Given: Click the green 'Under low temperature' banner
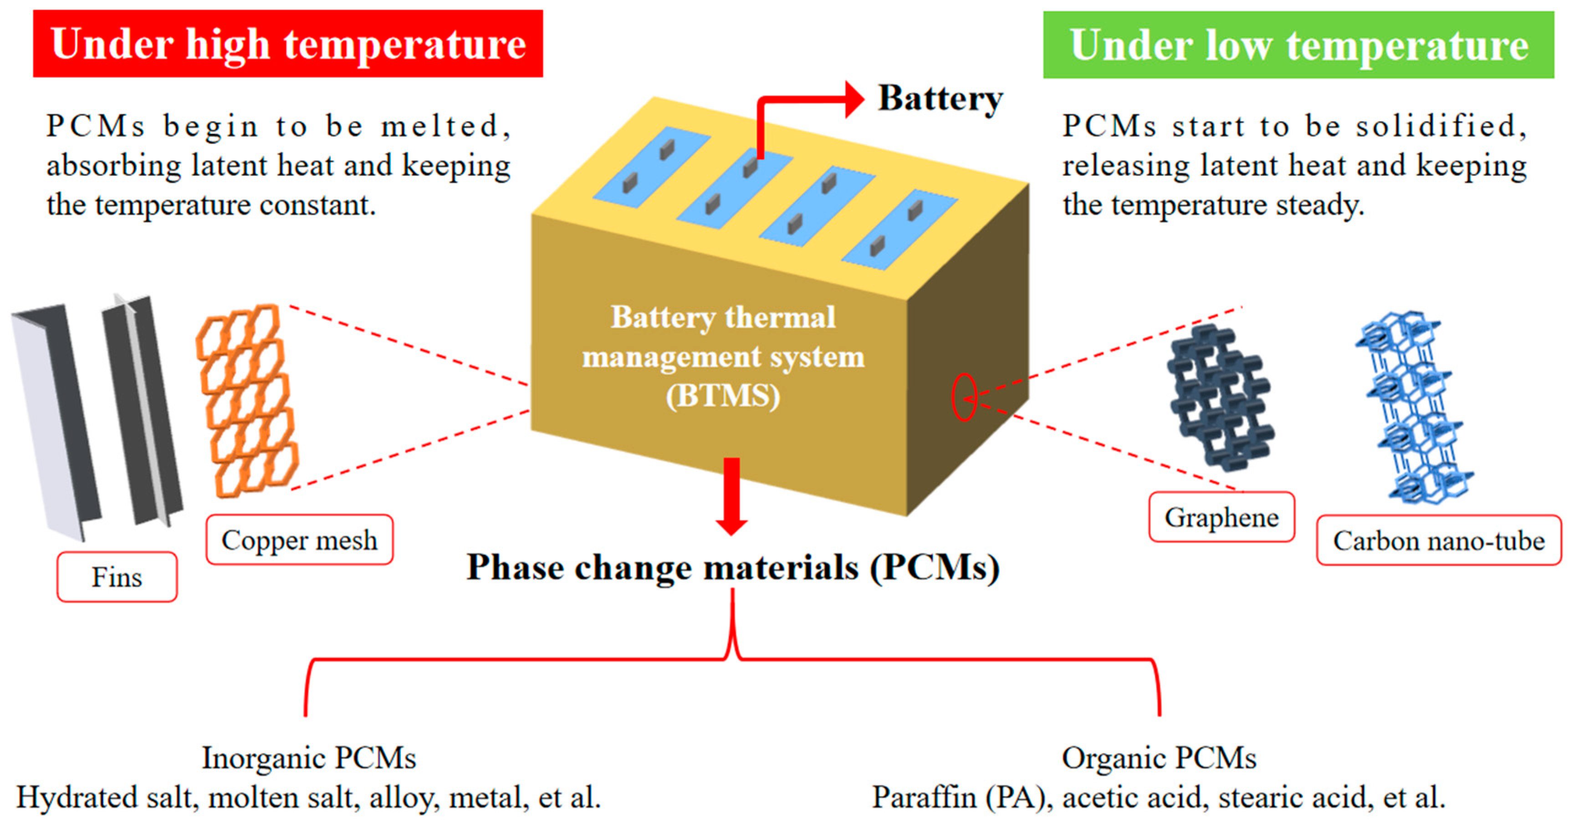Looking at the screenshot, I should [1298, 45].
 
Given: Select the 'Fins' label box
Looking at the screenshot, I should [117, 577].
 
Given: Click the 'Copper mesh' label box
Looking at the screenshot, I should [299, 540].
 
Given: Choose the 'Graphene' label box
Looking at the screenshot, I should [1221, 517].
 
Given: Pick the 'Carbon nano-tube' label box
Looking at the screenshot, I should [1438, 540].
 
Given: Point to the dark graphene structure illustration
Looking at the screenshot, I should [1220, 397].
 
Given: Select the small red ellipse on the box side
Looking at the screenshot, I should [964, 397].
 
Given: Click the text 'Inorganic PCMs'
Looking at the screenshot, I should [309, 758].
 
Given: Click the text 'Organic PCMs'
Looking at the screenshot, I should [1159, 758].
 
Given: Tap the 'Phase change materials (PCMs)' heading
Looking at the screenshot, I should [733, 567].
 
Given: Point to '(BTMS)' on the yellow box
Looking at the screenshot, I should [723, 396].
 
